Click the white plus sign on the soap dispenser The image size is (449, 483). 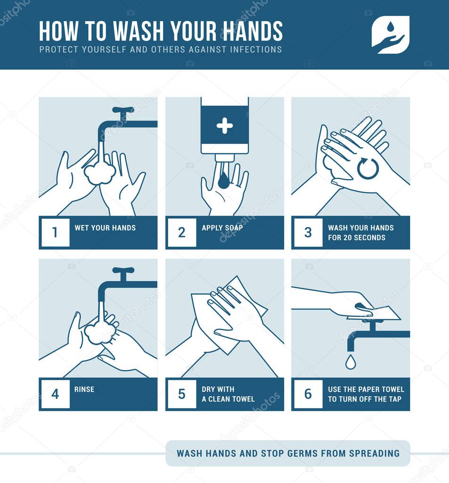(x=225, y=125)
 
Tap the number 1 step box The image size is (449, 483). (x=56, y=232)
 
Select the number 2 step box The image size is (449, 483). (x=182, y=232)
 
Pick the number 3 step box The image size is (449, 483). (x=308, y=232)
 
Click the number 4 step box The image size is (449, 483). (x=56, y=394)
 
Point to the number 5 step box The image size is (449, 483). (x=182, y=394)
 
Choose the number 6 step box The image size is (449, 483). (x=308, y=394)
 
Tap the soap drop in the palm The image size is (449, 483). (x=223, y=180)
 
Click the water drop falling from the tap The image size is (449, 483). (x=351, y=362)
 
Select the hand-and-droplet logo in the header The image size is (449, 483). (x=390, y=34)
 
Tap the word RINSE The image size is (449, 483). (x=84, y=389)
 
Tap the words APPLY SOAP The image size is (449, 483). (x=222, y=228)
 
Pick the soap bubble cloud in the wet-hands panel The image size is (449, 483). (x=100, y=174)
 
